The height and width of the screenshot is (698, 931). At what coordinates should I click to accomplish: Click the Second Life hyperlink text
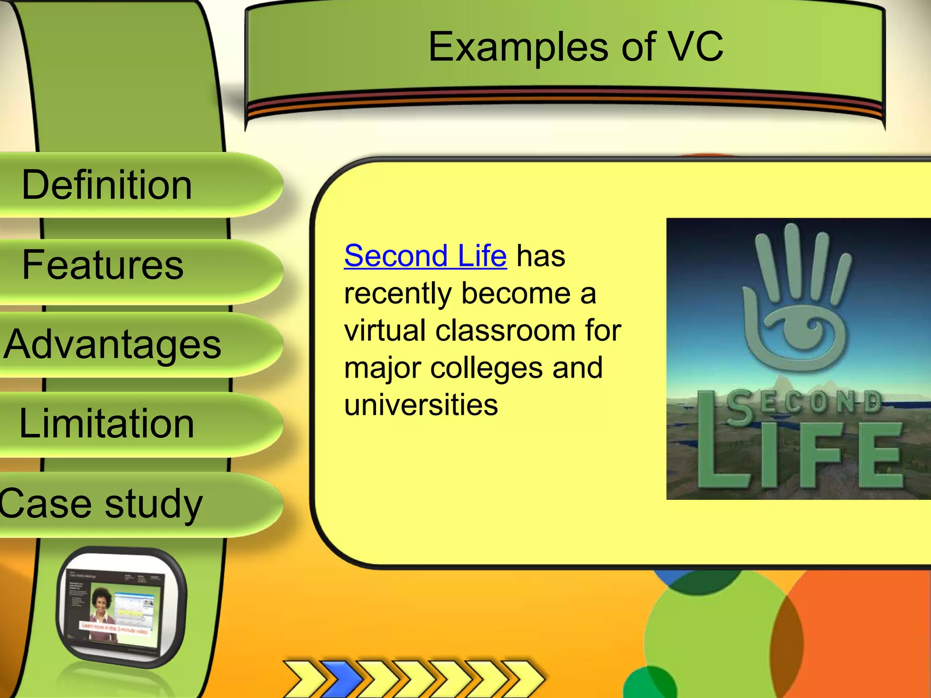pyautogui.click(x=425, y=256)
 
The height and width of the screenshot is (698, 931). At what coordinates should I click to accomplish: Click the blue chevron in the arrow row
pyautogui.click(x=344, y=679)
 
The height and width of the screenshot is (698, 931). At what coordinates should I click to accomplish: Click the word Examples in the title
pyautogui.click(x=518, y=47)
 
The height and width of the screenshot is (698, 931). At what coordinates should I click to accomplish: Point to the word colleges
pyautogui.click(x=486, y=368)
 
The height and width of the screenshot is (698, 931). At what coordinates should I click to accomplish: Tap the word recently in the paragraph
pyautogui.click(x=397, y=294)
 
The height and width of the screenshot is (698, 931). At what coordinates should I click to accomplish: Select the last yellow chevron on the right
pyautogui.click(x=523, y=679)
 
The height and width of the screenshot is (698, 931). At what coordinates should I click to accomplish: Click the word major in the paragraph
pyautogui.click(x=382, y=369)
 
